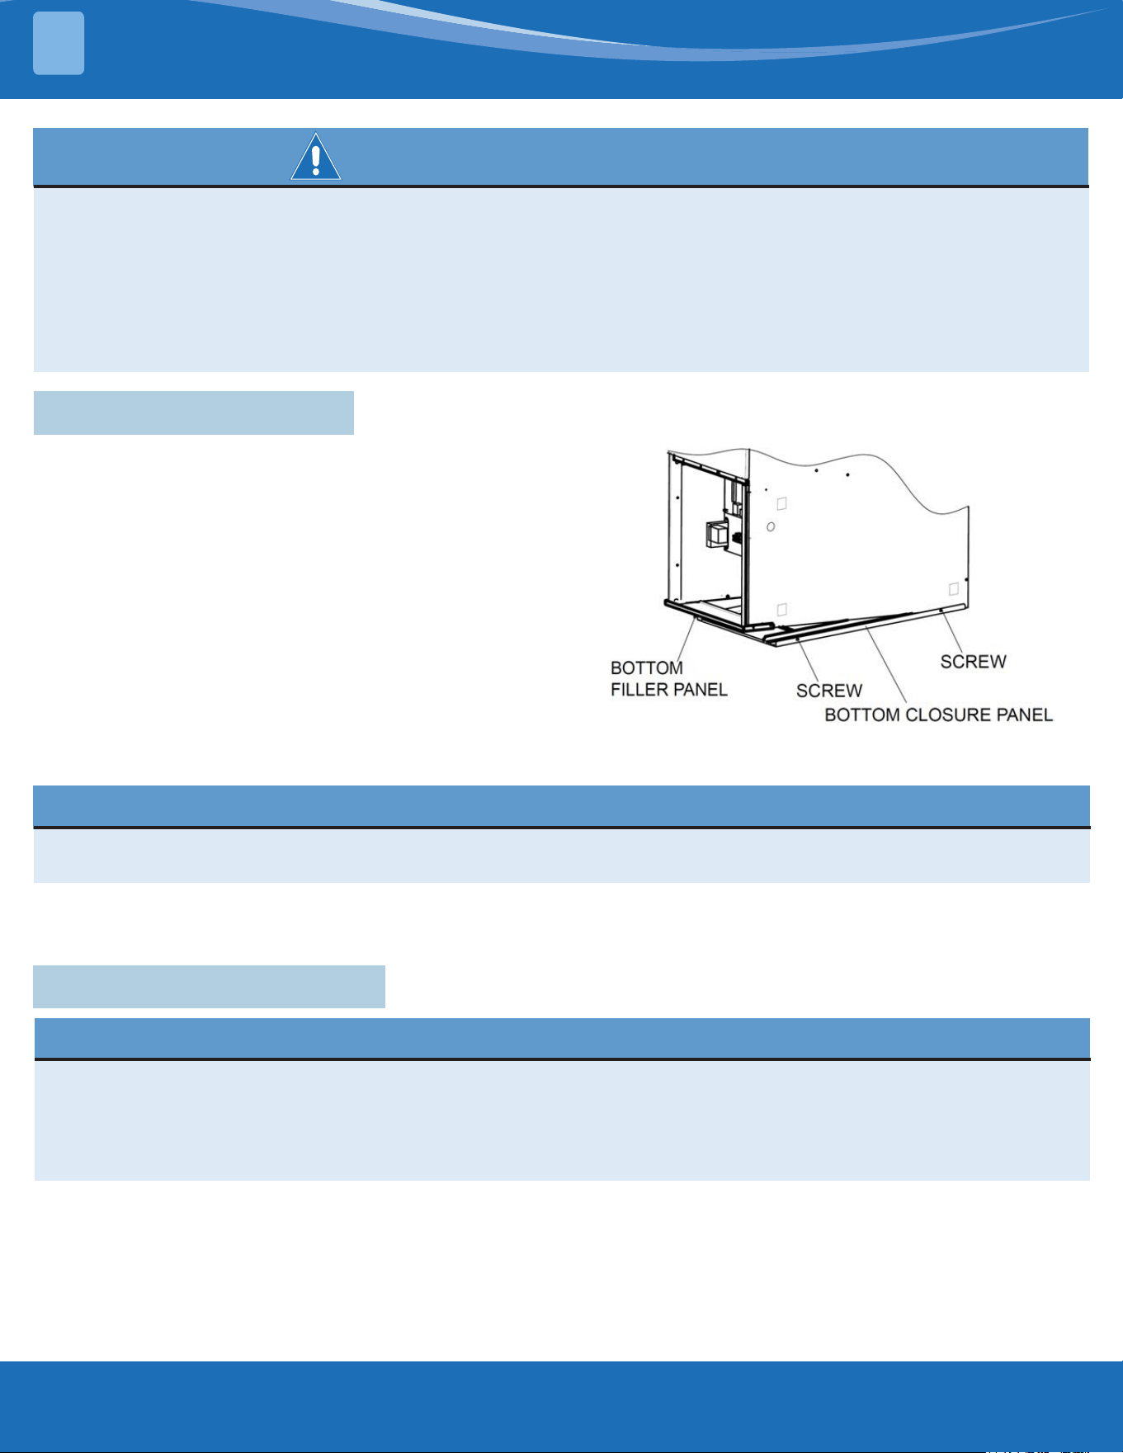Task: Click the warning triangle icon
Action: point(315,157)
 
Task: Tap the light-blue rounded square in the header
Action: point(59,43)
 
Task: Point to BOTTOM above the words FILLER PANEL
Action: point(647,668)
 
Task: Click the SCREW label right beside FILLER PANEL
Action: point(829,691)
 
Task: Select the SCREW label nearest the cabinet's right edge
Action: point(974,662)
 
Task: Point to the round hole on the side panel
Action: point(770,526)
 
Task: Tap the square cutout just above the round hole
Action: point(782,504)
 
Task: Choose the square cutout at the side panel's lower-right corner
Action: point(954,589)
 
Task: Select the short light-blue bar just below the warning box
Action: point(193,413)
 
